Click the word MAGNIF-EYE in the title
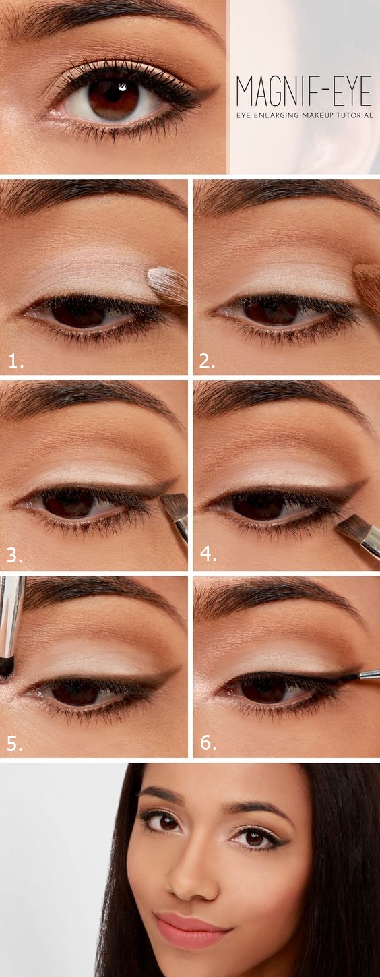coord(303,91)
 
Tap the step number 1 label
coord(15,362)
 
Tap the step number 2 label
coord(207,362)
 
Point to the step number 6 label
coord(208,744)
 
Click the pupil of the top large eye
coord(113,98)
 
